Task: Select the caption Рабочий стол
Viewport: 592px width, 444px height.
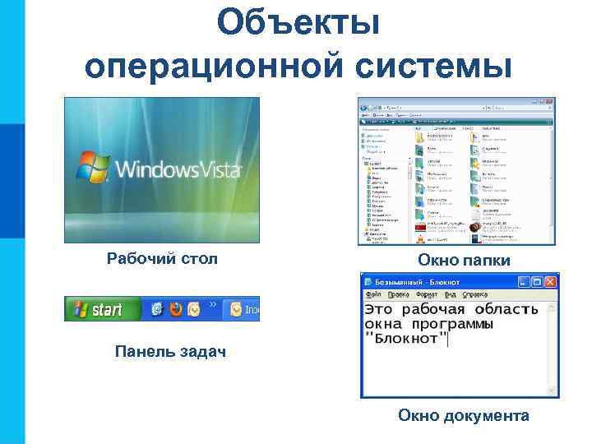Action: click(162, 260)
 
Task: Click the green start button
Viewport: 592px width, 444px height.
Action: click(98, 309)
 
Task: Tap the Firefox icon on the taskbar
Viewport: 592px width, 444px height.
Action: click(175, 309)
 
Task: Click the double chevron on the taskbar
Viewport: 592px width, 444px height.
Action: click(213, 304)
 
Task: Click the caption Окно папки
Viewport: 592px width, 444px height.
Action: click(464, 261)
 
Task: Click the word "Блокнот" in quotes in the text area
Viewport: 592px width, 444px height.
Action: click(406, 339)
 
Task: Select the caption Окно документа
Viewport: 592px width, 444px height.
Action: click(464, 416)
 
